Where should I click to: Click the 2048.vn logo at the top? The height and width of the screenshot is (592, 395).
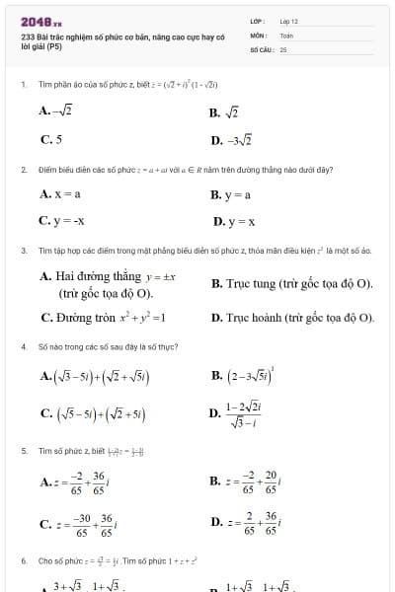[40, 21]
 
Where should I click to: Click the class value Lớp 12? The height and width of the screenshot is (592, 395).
[288, 21]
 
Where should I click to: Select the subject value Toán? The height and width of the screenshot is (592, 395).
[286, 35]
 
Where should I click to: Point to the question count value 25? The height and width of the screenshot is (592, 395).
[283, 47]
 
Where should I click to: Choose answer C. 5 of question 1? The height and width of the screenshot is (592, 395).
[51, 140]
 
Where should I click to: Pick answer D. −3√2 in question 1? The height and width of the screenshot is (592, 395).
[231, 140]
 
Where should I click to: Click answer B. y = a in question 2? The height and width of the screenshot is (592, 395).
[231, 195]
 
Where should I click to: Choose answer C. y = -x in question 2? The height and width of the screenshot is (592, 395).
[62, 221]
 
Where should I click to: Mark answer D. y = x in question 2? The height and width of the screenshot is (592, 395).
[234, 221]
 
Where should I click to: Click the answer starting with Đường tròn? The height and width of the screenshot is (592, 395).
[104, 319]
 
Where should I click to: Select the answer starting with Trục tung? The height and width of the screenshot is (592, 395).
[292, 284]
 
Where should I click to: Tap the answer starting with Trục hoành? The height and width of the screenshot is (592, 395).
[293, 319]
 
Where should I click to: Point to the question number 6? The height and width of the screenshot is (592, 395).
[23, 560]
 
